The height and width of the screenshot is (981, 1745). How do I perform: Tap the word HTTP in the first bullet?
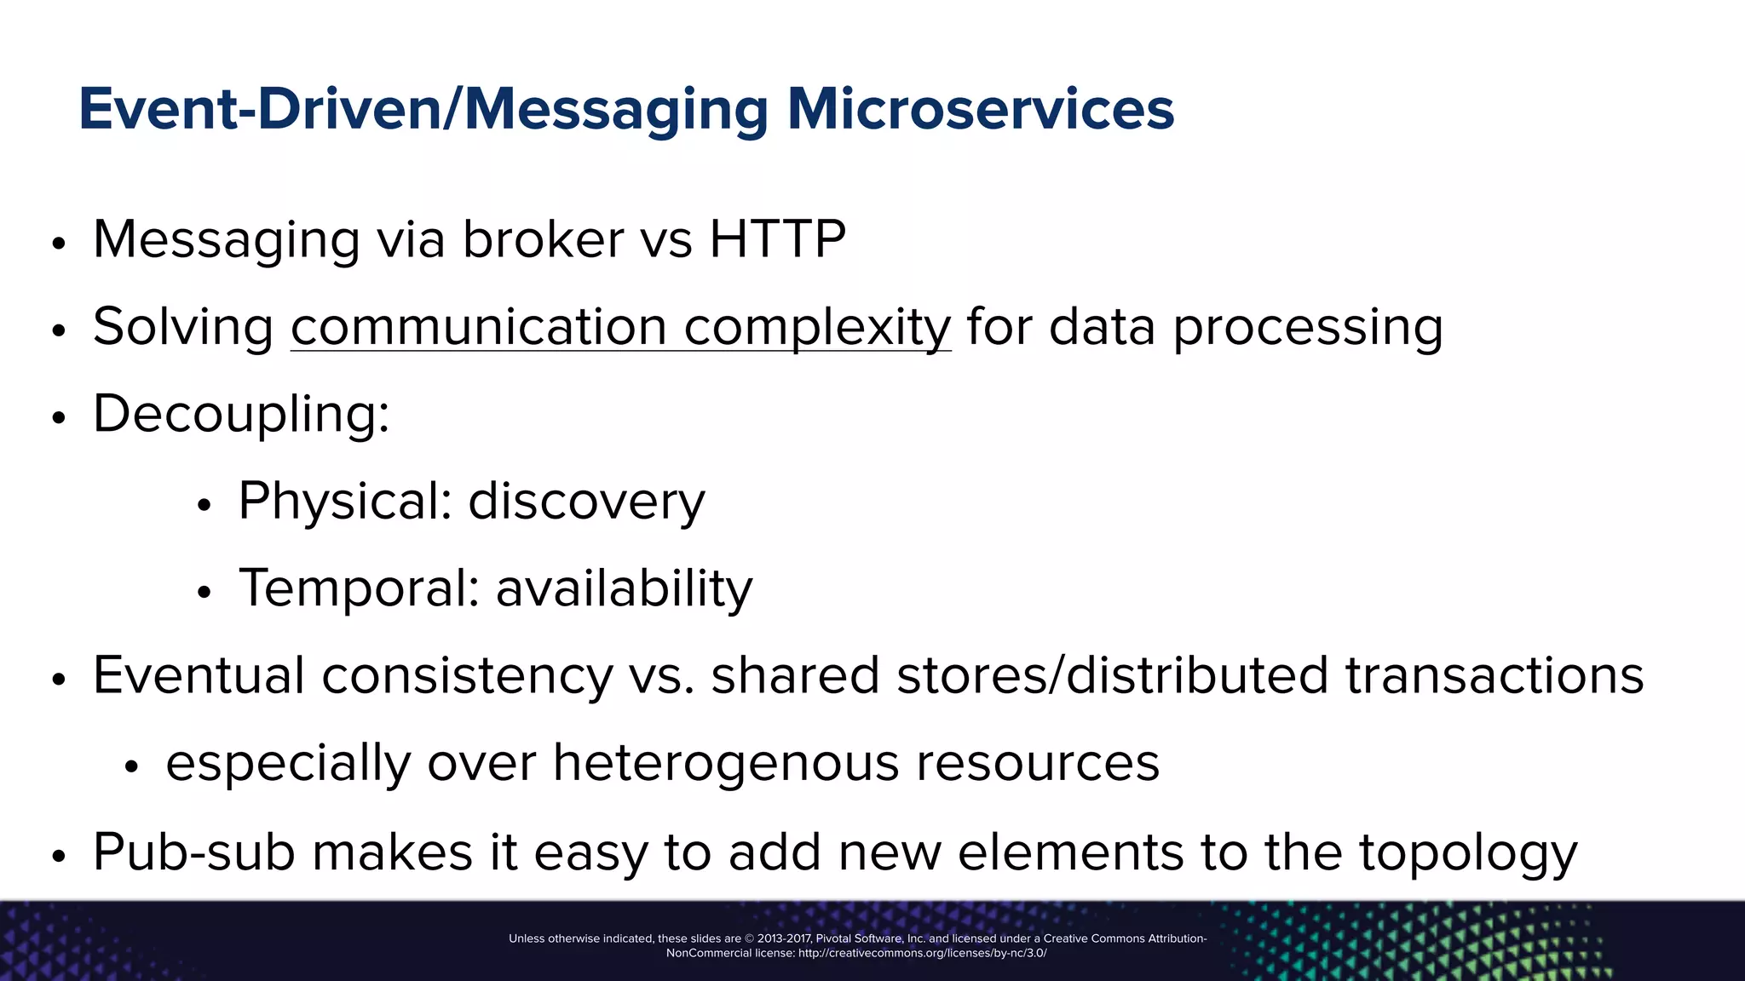click(777, 239)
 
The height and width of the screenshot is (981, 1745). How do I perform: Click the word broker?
click(543, 239)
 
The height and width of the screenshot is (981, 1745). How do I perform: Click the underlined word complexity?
click(817, 327)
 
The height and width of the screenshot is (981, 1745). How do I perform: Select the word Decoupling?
click(240, 415)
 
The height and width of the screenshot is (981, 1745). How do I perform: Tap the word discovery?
click(586, 501)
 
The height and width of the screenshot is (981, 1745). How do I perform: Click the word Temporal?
click(359, 588)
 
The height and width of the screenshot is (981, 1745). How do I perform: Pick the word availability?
click(624, 588)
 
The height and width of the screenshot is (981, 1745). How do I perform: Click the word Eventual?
click(199, 675)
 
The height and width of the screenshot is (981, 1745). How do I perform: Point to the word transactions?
click(1494, 675)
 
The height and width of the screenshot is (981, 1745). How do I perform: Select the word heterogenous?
click(726, 762)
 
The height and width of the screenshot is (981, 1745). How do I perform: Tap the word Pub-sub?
click(193, 852)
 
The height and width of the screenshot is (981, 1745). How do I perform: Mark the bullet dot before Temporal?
click(203, 592)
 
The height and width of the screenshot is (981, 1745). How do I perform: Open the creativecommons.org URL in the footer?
click(922, 953)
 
